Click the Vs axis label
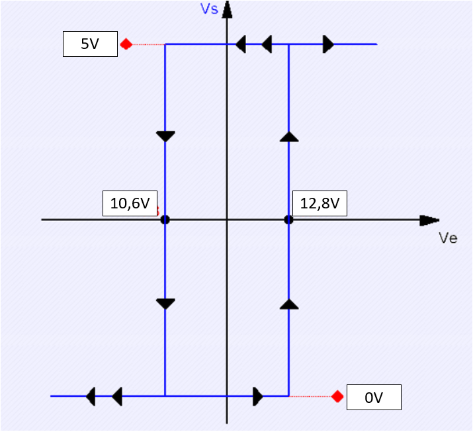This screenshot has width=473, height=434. (209, 9)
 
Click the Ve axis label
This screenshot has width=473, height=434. (448, 238)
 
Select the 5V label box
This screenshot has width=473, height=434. (90, 44)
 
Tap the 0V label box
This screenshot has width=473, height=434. (374, 398)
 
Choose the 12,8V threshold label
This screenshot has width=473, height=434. (320, 204)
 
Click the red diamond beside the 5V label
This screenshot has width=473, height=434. (126, 44)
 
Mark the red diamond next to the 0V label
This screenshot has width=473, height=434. (337, 397)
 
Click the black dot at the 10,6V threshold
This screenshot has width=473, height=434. (165, 220)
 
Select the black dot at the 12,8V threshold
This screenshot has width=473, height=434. (288, 220)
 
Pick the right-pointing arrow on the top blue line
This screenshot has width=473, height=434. (328, 44)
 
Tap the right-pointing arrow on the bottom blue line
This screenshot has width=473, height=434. (258, 397)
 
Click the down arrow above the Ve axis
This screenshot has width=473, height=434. (165, 136)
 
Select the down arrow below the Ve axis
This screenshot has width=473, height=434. (165, 304)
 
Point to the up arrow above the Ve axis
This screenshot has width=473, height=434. (288, 136)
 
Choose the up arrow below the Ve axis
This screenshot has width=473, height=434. (288, 304)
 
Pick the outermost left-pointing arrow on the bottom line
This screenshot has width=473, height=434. (91, 397)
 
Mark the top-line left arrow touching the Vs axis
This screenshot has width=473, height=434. (241, 44)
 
